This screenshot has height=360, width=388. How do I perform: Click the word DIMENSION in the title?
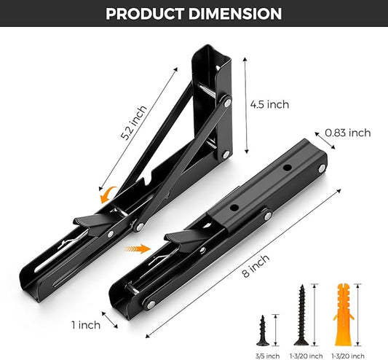pyautogui.click(x=235, y=14)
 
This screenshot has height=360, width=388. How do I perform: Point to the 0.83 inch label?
pyautogui.click(x=347, y=133)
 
